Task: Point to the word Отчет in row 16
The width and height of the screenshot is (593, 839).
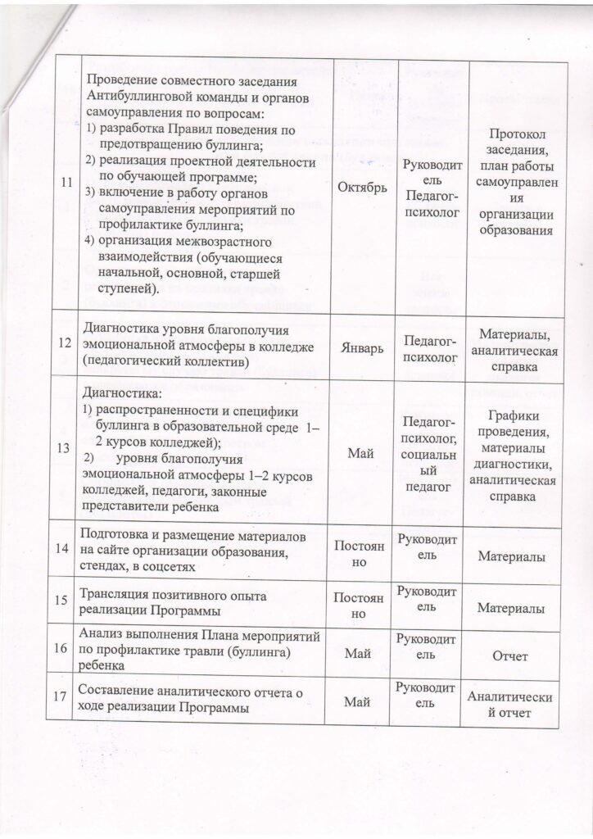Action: [509, 656]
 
